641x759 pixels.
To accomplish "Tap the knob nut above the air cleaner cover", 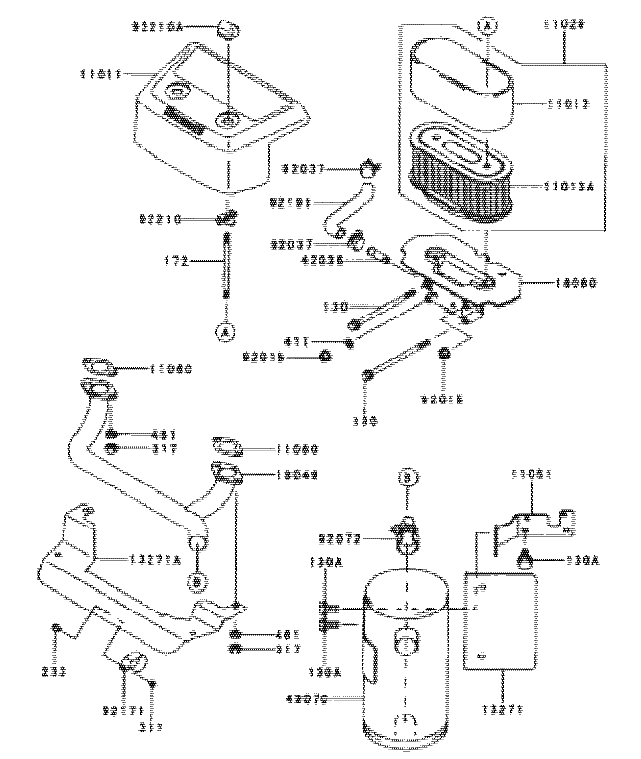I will coord(228,25).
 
